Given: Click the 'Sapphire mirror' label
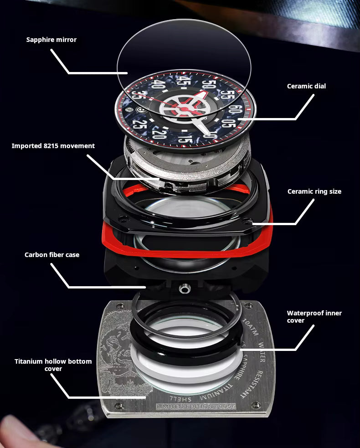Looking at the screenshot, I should (x=51, y=40).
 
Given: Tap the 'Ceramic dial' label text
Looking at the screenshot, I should (x=306, y=86).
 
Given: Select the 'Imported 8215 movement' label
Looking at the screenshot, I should (x=53, y=146).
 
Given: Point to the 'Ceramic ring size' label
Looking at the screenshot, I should (x=314, y=191).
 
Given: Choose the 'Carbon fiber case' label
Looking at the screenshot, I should (x=52, y=254).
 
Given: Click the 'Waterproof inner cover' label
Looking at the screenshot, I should (x=314, y=317).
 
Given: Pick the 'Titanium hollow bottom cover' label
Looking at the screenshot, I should (x=53, y=365).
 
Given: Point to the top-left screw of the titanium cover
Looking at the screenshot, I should (x=120, y=306).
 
